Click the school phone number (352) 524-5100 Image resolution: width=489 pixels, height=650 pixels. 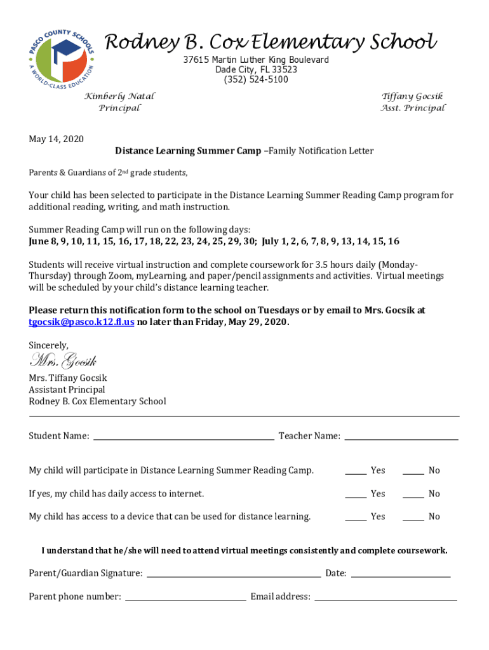click(256, 80)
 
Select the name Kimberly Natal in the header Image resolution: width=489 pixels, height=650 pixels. click(119, 96)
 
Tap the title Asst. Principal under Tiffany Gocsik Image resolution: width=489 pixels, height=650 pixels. click(413, 108)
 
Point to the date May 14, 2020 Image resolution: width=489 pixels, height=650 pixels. click(56, 139)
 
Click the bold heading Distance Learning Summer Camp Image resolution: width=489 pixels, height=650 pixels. click(187, 151)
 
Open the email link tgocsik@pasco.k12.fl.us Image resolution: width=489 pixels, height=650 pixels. click(81, 322)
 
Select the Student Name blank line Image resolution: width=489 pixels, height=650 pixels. click(184, 435)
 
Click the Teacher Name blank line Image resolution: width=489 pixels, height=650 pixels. click(401, 435)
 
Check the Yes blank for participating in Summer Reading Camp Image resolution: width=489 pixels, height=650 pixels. click(356, 470)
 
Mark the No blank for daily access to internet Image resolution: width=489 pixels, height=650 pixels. click(413, 494)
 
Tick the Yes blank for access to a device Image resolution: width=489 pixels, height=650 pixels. click(356, 517)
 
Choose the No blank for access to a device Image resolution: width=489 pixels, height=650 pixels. click(413, 517)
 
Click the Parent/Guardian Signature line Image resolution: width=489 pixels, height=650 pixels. click(234, 573)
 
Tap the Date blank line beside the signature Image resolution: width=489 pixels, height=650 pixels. click(400, 573)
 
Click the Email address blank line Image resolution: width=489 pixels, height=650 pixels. click(385, 597)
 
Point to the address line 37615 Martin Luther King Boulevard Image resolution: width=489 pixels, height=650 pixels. click(256, 60)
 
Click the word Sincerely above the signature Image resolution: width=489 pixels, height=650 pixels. click(48, 345)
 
